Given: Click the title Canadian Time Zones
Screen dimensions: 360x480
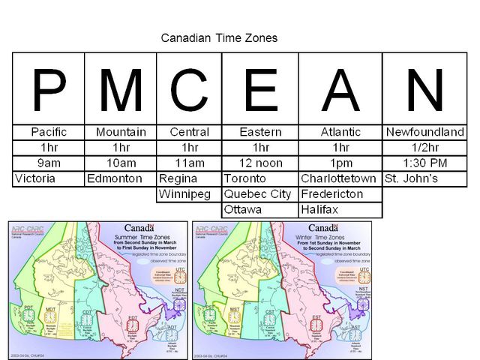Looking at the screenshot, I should (219, 37).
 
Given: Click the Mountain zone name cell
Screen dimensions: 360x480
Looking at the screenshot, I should (121, 132).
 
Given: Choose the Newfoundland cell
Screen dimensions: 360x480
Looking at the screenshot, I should (424, 132).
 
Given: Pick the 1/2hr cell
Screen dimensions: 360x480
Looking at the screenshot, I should (424, 148).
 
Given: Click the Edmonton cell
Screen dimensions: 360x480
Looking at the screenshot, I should (114, 179).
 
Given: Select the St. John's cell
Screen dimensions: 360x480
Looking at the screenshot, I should (412, 179).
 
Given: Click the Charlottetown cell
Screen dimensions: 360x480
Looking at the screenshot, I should (338, 179).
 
